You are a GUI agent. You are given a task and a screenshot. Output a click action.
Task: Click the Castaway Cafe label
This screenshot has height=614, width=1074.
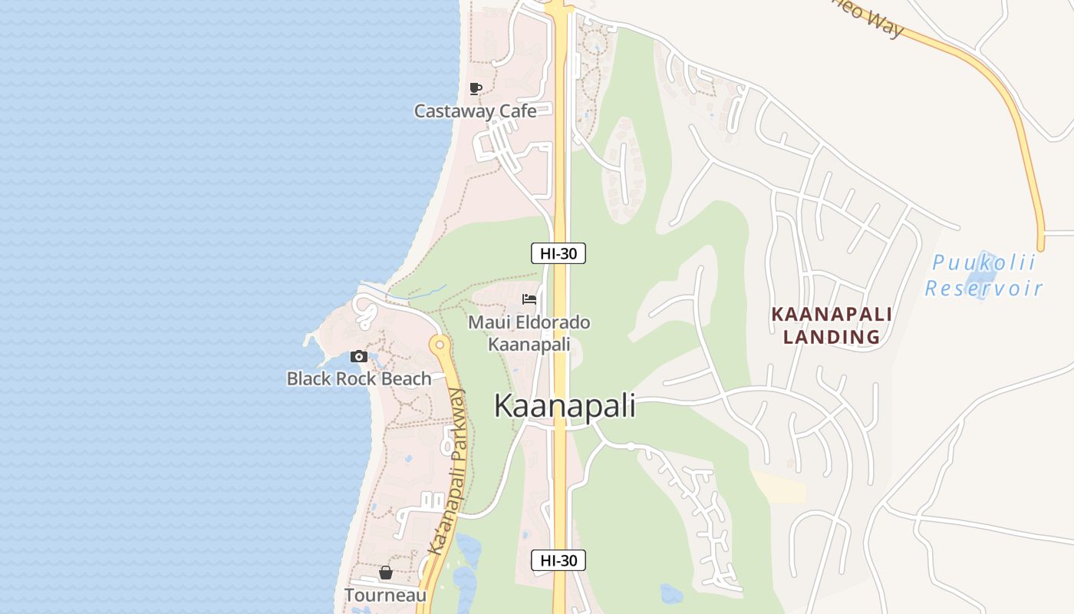475,111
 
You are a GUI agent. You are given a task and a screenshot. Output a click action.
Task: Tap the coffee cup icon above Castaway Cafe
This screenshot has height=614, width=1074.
476,88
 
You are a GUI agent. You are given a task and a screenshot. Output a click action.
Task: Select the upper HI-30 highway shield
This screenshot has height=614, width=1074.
558,253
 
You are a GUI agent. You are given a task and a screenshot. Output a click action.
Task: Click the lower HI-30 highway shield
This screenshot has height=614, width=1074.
558,560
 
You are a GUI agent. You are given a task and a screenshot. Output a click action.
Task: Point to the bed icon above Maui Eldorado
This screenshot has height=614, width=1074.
529,299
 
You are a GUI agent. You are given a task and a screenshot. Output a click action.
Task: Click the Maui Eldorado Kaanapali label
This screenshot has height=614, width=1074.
529,333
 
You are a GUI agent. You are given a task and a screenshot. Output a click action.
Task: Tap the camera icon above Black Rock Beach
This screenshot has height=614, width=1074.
358,356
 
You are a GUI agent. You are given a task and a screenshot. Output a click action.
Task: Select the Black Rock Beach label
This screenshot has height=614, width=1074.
359,378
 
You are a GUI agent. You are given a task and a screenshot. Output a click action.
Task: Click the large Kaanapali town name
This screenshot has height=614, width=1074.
565,406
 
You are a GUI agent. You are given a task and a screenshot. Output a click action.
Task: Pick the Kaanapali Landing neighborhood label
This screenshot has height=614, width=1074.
832,325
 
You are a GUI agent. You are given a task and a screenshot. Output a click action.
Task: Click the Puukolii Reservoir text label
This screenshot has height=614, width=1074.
983,276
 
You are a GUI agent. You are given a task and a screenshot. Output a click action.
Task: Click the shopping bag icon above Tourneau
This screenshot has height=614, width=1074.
385,573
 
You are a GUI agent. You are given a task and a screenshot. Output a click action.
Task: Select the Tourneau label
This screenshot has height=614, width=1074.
385,595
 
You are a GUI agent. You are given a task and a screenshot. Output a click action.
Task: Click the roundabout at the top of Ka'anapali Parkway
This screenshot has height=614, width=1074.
440,345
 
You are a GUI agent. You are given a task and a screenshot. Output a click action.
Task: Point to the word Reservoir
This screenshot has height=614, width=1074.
983,289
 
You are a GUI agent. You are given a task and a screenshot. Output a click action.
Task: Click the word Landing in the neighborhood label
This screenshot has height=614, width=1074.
832,337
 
